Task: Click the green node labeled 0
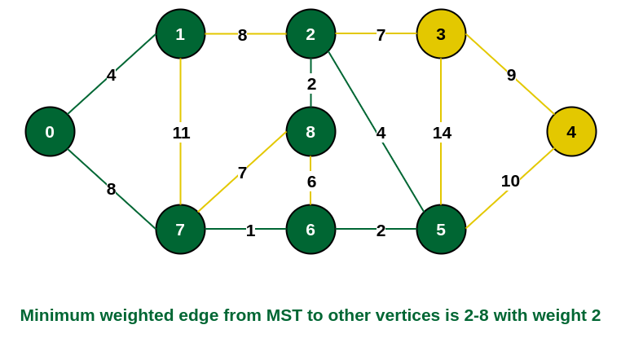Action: (50, 131)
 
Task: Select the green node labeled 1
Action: (180, 34)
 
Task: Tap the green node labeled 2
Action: (310, 34)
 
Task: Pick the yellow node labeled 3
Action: (441, 34)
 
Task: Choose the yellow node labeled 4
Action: (571, 131)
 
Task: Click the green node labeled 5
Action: (441, 229)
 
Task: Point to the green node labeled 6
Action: (310, 229)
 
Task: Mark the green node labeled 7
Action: (180, 229)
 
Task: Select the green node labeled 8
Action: (310, 131)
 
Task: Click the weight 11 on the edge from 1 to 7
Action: (181, 133)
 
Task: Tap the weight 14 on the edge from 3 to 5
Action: (442, 133)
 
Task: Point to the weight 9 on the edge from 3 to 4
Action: (511, 75)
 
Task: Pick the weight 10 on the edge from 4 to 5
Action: (510, 181)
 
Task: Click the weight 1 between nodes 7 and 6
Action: (250, 230)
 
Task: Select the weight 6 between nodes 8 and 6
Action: (311, 182)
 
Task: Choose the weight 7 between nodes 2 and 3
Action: (381, 35)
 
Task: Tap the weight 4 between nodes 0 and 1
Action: (112, 75)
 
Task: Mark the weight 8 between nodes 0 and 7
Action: (112, 189)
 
